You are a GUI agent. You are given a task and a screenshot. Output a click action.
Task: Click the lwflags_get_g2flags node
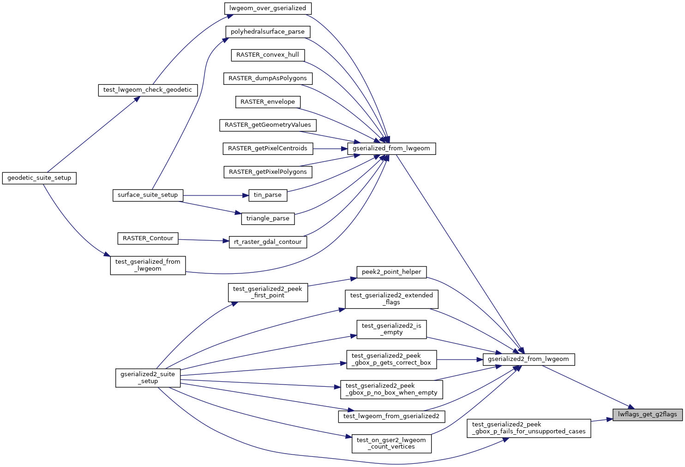(648, 414)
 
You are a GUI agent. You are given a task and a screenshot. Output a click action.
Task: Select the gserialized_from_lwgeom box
(391, 148)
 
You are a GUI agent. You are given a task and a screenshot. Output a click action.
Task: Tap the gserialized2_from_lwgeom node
(529, 359)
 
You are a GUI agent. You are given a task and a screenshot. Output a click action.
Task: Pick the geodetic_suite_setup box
(39, 178)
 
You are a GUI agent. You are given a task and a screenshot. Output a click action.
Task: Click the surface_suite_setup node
(148, 195)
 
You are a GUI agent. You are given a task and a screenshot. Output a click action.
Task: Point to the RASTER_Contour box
(148, 238)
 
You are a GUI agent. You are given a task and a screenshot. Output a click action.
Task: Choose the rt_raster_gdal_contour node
(268, 242)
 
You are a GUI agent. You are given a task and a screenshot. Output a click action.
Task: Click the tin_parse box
(268, 195)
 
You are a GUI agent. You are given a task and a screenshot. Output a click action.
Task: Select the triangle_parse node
(268, 219)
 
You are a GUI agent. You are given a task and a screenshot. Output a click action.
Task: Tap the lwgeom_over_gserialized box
(268, 8)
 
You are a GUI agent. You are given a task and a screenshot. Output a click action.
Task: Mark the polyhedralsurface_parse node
(268, 32)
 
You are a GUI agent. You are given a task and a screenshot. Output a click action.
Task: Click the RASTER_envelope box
(268, 102)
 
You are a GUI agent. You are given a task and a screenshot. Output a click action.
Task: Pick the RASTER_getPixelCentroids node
(268, 148)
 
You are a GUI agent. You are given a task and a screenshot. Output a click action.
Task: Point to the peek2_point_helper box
(391, 272)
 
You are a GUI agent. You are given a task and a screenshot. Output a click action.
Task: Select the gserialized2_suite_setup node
(148, 378)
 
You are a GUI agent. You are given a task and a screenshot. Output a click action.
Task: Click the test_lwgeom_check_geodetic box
(148, 90)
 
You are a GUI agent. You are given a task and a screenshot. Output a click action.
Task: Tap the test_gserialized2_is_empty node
(391, 329)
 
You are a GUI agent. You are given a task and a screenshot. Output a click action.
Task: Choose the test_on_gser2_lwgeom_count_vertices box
(391, 443)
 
